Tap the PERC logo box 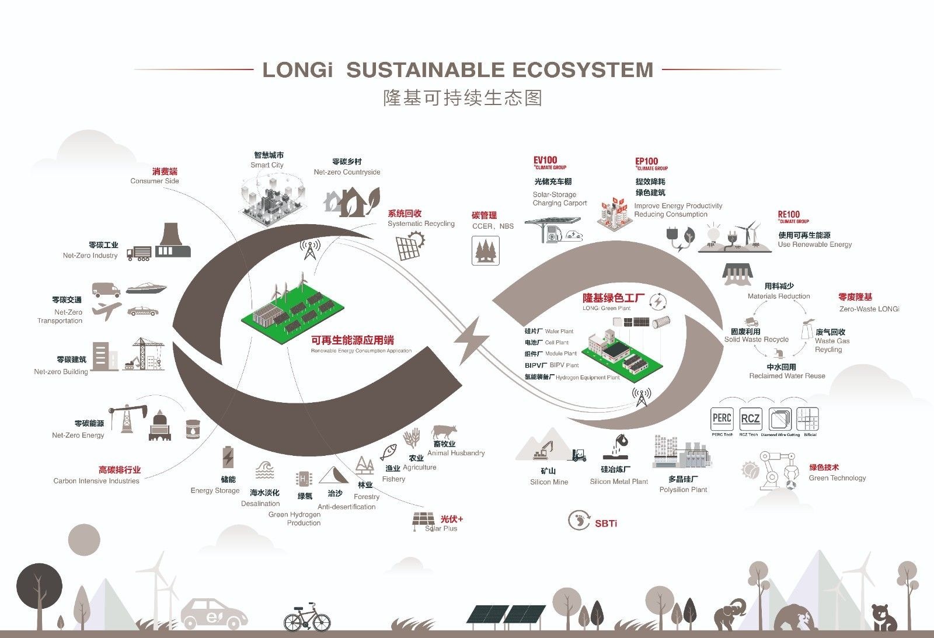(722, 419)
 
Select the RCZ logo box (750, 419)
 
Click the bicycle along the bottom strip (307, 616)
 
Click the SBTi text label (606, 524)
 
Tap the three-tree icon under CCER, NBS (485, 251)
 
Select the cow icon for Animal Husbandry (444, 433)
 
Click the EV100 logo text (546, 160)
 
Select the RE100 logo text (789, 214)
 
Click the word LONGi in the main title (298, 70)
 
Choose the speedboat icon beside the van (146, 288)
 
